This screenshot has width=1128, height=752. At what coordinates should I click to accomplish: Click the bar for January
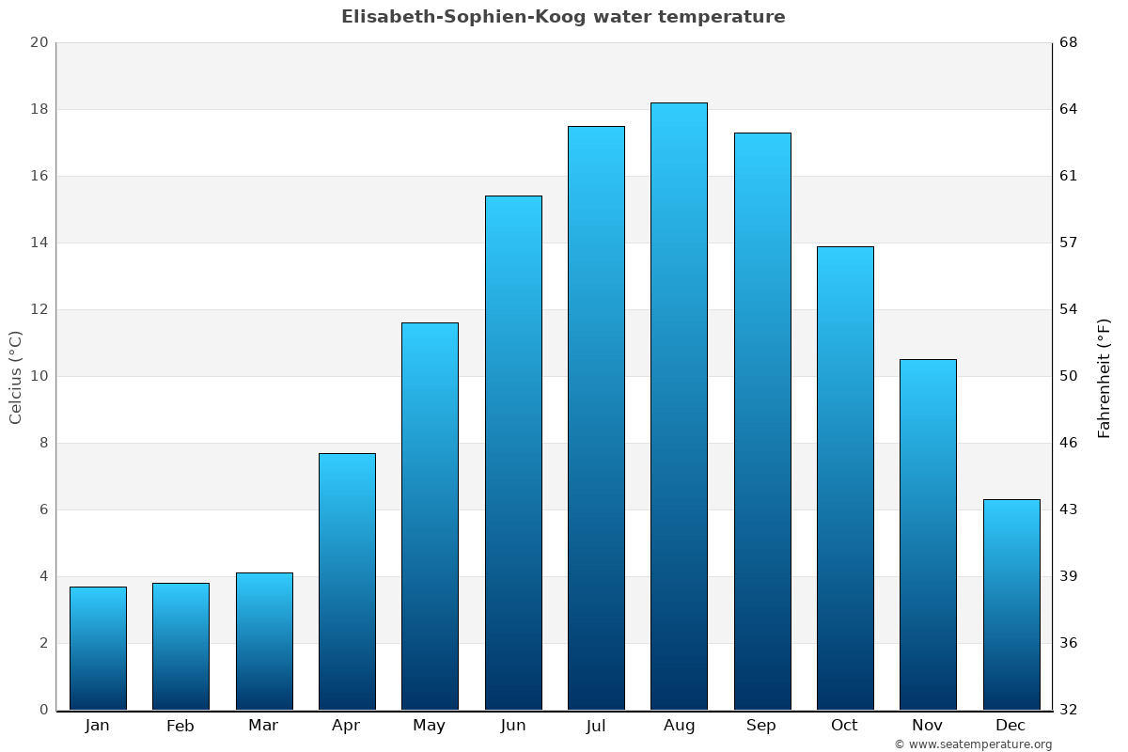98,649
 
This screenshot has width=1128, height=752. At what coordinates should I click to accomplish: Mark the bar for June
513,452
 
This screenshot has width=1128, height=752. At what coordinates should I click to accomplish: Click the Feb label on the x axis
180,726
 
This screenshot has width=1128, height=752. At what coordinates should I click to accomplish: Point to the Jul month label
596,726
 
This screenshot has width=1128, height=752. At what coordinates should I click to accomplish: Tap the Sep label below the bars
761,726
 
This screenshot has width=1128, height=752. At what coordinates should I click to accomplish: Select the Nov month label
928,726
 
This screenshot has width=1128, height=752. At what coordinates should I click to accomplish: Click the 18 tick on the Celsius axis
39,109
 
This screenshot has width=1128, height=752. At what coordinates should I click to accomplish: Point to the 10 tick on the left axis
39,376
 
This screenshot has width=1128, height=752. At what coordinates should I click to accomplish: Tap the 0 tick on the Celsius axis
43,710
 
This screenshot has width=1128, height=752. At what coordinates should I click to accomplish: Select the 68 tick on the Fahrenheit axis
1070,42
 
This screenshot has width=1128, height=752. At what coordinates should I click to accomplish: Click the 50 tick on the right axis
1070,376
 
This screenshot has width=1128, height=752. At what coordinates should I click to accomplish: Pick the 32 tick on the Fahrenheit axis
1070,710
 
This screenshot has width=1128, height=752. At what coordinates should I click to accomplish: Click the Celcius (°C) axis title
15,376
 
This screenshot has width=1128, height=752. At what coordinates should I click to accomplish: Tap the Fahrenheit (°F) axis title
1104,377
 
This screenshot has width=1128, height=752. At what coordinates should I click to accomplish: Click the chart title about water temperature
563,17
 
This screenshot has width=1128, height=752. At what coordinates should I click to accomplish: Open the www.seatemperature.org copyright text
973,744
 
